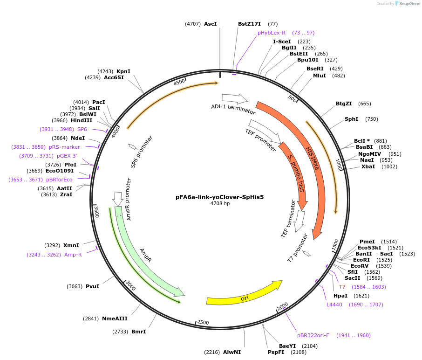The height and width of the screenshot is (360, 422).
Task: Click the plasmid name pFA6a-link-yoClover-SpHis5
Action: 219,197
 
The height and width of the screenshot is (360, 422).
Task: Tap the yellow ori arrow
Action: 244,293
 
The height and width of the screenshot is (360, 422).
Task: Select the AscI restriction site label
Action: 211,24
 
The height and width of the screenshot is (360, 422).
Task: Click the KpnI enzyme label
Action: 123,71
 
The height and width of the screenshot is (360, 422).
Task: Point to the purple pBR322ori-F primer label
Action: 313,335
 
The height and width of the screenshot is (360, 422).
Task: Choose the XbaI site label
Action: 368,166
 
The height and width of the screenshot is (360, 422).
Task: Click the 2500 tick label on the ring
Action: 203,322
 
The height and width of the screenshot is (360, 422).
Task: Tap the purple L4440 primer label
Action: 334,305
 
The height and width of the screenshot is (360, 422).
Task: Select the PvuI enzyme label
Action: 92,286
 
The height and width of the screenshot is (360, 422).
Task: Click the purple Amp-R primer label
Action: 73,255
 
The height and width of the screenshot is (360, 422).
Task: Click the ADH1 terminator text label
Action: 233,109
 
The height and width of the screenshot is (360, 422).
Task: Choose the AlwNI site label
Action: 232,352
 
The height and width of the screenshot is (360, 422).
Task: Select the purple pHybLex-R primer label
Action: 271,33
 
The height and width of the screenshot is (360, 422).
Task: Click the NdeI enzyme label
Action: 78,138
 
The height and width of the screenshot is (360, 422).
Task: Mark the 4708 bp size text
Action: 220,204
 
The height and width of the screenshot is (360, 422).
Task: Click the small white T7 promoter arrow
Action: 306,253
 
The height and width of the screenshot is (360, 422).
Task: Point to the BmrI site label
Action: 139,332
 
